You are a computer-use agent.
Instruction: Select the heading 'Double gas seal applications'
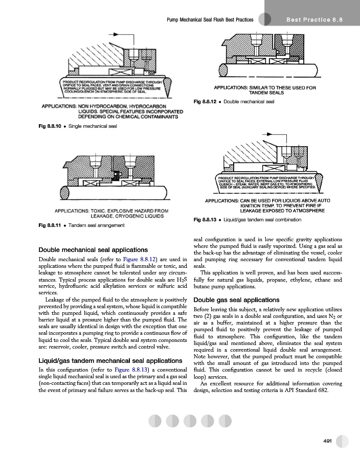click(x=236, y=300)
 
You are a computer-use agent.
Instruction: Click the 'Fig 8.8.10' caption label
click(x=52, y=126)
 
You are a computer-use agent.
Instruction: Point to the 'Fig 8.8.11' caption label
click(x=52, y=225)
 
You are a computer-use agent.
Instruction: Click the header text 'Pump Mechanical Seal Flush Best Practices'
click(x=211, y=19)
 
